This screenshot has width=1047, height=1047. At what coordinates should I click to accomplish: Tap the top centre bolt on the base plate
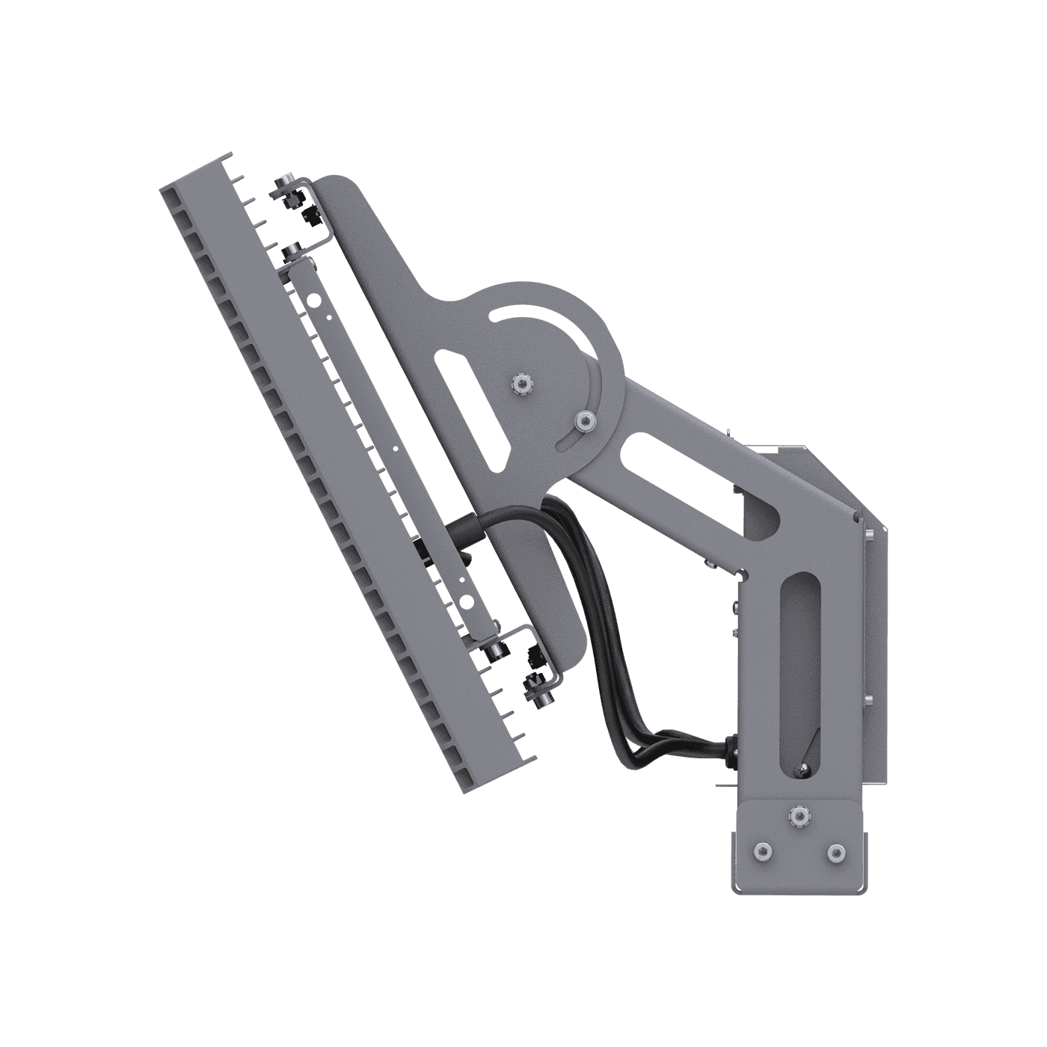coord(799,816)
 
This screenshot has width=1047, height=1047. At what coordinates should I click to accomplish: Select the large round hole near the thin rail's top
coord(315,301)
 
